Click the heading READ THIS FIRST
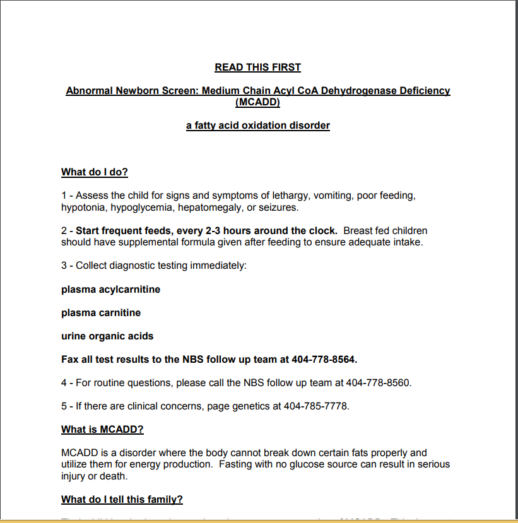pyautogui.click(x=257, y=67)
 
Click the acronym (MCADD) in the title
pyautogui.click(x=257, y=102)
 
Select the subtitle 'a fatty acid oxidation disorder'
pyautogui.click(x=257, y=126)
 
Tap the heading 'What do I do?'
pyautogui.click(x=95, y=172)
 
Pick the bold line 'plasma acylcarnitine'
pyautogui.click(x=110, y=290)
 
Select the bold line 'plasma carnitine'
pyautogui.click(x=101, y=313)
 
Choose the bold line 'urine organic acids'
pyautogui.click(x=107, y=336)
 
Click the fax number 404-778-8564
pyautogui.click(x=324, y=360)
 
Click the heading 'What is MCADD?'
pyautogui.click(x=102, y=430)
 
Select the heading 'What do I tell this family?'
pyautogui.click(x=122, y=500)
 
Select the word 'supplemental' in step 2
pyautogui.click(x=134, y=242)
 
